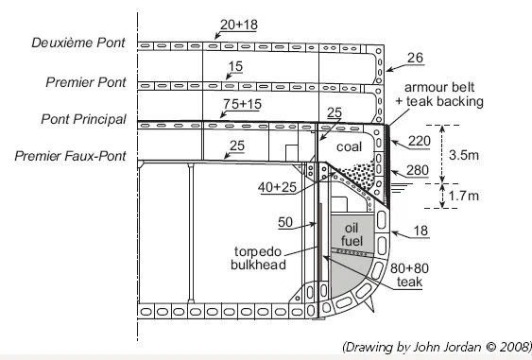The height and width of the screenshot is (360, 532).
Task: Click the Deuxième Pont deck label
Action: click(x=78, y=43)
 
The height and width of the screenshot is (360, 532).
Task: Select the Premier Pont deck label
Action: click(x=86, y=82)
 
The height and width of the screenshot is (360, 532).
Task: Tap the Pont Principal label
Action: click(x=83, y=119)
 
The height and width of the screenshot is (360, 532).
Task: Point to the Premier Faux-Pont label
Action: click(x=70, y=156)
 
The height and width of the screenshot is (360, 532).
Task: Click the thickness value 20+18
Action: click(x=239, y=25)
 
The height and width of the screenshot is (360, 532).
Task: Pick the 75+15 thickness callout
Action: click(x=242, y=104)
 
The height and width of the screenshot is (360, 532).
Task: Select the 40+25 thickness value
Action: click(x=277, y=187)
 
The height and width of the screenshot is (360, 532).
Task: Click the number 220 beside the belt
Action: click(x=419, y=141)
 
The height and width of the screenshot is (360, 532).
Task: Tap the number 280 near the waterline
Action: click(x=418, y=170)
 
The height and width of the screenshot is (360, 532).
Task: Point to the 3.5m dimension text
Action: click(x=464, y=155)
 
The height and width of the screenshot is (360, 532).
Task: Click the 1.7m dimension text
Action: click(x=463, y=196)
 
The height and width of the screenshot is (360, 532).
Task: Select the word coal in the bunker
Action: click(x=349, y=146)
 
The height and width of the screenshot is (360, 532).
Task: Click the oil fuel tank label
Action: click(x=352, y=234)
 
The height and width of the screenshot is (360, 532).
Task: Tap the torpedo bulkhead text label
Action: click(x=258, y=258)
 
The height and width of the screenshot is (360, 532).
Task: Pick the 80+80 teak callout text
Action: click(x=409, y=275)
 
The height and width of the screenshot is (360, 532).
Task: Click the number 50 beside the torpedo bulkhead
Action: click(x=285, y=222)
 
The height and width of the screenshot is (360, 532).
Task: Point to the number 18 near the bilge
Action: click(x=420, y=231)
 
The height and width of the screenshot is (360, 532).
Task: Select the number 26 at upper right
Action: click(x=415, y=58)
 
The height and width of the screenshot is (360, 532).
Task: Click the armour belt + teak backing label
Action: click(x=439, y=94)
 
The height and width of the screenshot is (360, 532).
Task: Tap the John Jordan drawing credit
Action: click(x=437, y=347)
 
